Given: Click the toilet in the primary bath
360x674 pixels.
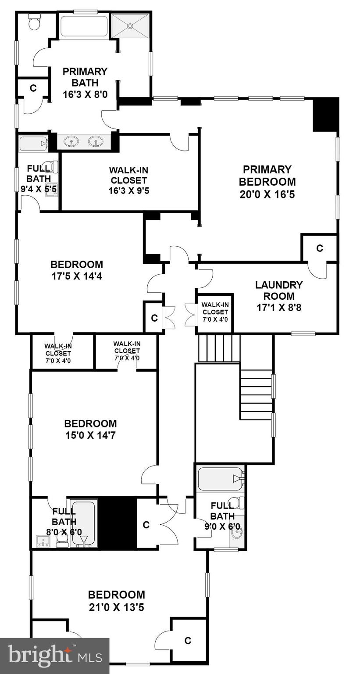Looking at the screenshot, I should pos(34,22).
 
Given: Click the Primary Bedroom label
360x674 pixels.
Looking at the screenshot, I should pos(267,182).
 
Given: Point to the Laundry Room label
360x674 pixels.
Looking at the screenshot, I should pos(278,296).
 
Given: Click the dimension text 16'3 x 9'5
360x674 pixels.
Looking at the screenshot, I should pos(128,190).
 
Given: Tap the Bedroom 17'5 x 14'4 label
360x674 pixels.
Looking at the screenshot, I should pos(77,270).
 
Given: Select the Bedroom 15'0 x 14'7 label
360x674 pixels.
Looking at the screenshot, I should pos(90,430).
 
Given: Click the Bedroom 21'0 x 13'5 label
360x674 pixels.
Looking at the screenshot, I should pos(116,601).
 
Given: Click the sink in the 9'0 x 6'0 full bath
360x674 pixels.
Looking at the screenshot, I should pos(237,534).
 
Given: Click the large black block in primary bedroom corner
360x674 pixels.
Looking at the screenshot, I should pos(326,115).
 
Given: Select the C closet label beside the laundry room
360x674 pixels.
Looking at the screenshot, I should pos(320,248).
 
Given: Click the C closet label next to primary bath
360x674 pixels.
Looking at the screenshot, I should pos(33,88).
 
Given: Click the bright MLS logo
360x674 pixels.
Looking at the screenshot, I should pos(54,656).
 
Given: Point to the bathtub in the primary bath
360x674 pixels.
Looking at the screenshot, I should pos(84,27).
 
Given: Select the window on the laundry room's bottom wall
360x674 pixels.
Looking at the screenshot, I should pos(303,334).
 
